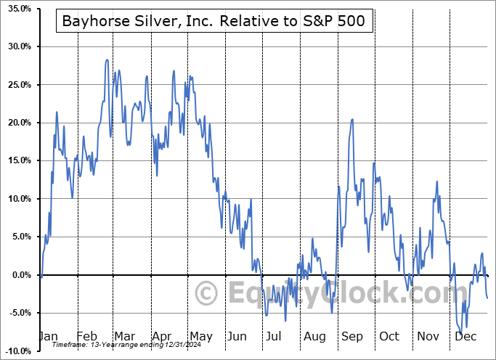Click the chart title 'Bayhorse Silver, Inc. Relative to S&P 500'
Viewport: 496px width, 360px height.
tap(214, 22)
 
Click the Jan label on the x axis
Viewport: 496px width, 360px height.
tap(48, 337)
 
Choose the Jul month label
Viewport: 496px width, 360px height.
tap(275, 337)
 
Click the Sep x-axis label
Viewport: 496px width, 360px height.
tap(351, 337)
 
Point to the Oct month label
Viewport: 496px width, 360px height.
tap(389, 337)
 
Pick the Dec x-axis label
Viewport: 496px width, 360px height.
tap(466, 337)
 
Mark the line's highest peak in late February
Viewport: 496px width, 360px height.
tap(107, 60)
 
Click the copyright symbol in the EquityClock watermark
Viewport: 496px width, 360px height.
tap(208, 293)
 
